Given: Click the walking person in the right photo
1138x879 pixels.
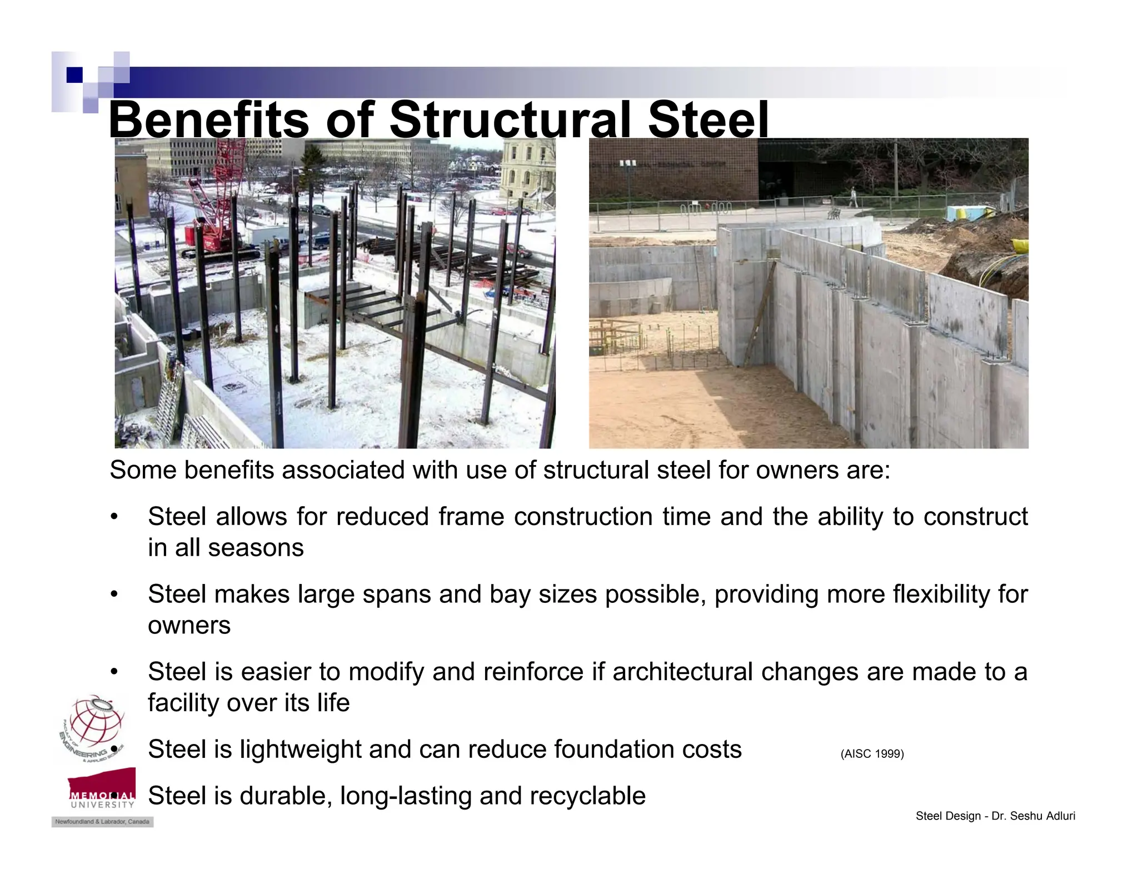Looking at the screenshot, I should point(853,197).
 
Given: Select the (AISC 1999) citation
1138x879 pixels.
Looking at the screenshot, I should point(872,754).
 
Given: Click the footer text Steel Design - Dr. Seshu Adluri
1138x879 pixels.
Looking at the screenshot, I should point(995,816).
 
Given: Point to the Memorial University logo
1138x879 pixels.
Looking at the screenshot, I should point(102,789).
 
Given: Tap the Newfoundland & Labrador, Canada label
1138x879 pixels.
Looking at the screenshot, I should point(102,822).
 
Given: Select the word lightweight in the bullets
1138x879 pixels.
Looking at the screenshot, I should point(301,750).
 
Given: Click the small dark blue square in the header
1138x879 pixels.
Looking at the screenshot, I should point(74,75).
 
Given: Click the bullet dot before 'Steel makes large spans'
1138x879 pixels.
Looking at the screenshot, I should point(114,595).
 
